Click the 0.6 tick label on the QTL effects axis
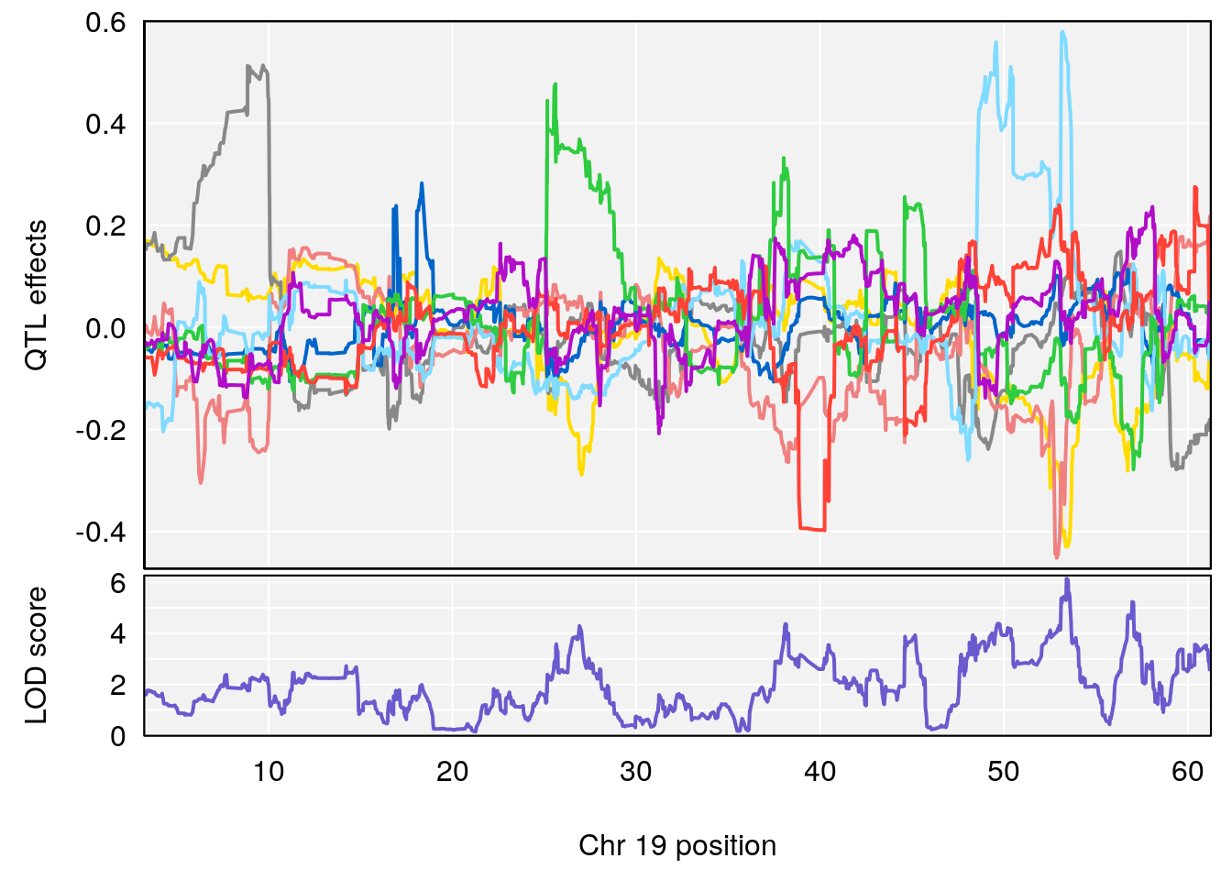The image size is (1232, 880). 105,23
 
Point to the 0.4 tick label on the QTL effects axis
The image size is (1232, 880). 105,125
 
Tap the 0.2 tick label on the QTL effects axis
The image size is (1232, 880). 105,226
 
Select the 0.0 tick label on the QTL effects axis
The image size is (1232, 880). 105,328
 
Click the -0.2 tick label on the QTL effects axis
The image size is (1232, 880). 101,430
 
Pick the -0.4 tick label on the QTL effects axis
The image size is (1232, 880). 101,533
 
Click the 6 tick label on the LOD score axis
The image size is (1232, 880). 117,584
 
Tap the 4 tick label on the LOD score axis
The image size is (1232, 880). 117,634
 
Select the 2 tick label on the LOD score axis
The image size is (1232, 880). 117,686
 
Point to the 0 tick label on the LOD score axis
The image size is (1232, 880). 117,736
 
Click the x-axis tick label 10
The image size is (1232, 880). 269,772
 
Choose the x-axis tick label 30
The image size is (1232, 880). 636,772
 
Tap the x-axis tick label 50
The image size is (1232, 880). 1003,772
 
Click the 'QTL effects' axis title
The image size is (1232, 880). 37,295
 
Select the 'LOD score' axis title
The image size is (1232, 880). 37,655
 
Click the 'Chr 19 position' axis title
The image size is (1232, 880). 677,846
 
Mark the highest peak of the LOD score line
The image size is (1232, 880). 1067,578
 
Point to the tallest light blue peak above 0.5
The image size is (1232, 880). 1062,32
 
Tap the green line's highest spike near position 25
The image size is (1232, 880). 555,84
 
